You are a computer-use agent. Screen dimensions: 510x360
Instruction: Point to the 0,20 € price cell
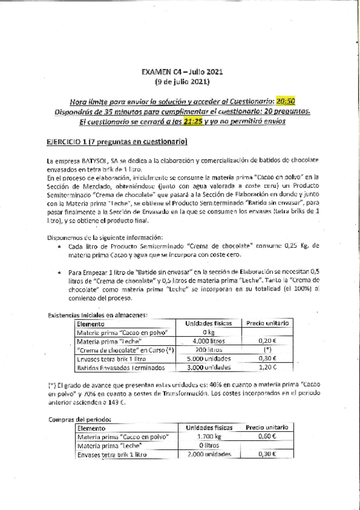(267, 342)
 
